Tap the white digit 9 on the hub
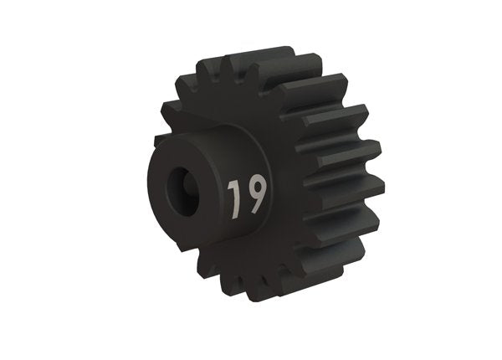point(256,194)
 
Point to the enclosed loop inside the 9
point(256,188)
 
